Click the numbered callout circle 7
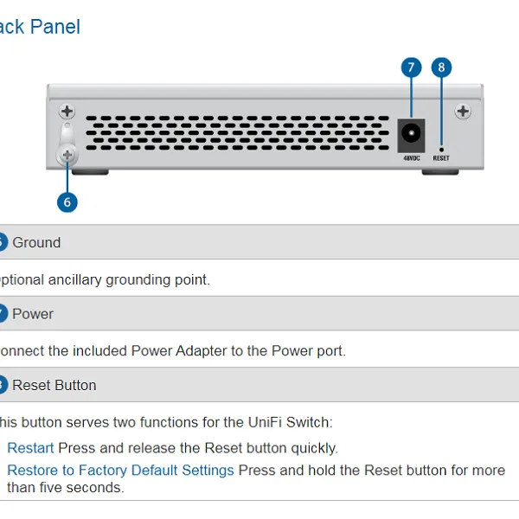click(x=410, y=67)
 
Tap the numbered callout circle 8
click(x=441, y=67)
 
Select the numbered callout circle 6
click(x=67, y=202)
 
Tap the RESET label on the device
click(x=441, y=158)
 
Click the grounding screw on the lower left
click(x=67, y=155)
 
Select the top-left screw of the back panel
click(x=67, y=112)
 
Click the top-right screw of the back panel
click(x=463, y=111)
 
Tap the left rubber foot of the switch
click(x=96, y=171)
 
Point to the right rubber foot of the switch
click(x=439, y=171)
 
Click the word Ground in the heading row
click(x=36, y=242)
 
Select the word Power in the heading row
click(x=33, y=314)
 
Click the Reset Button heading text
click(x=54, y=385)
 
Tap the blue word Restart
click(x=30, y=448)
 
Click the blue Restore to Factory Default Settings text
click(x=120, y=471)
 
